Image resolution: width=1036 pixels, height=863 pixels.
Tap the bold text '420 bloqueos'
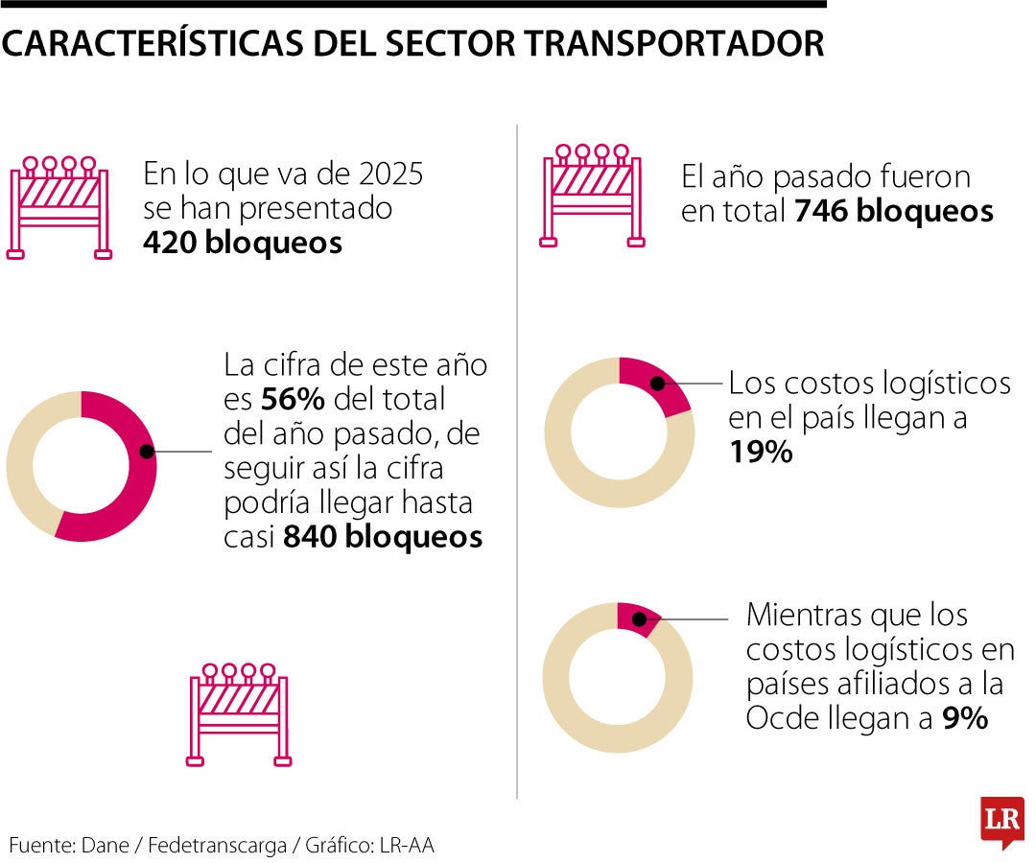click(x=242, y=243)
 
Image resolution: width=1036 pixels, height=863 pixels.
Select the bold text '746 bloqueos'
click(x=894, y=211)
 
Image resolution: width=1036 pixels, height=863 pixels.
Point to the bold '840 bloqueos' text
click(x=382, y=537)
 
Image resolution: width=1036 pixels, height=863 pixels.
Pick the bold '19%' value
click(x=760, y=452)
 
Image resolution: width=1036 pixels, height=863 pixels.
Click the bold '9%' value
click(x=965, y=717)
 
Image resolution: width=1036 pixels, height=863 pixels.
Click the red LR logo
click(x=1001, y=821)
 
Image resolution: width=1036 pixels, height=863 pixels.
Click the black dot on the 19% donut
click(x=658, y=384)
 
